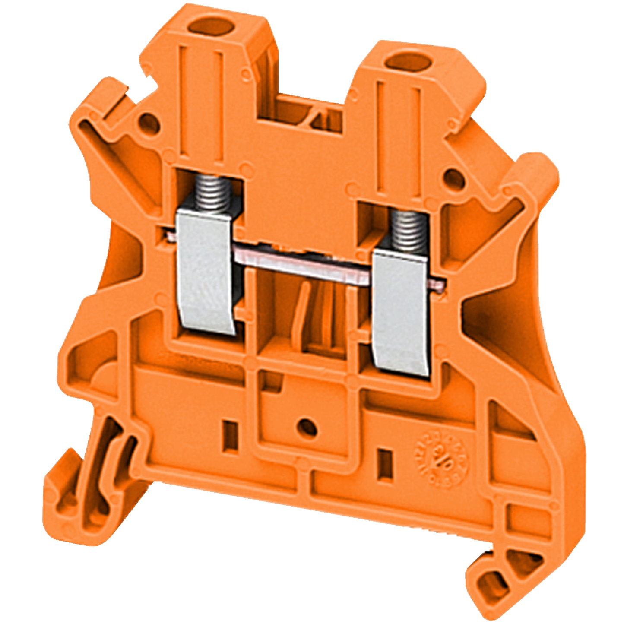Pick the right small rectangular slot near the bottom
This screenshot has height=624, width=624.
tap(384, 466)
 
